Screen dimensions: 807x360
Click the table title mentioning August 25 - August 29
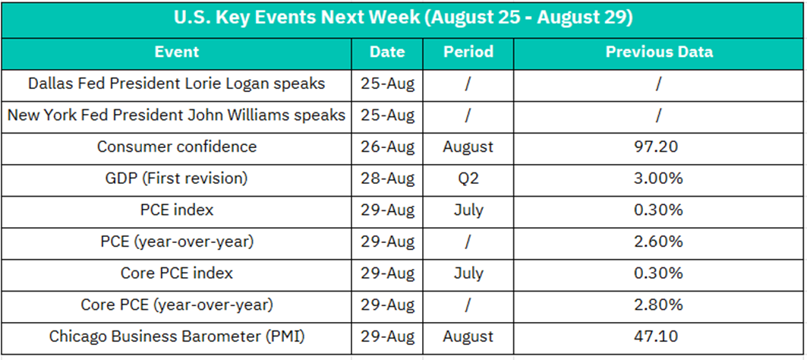403,18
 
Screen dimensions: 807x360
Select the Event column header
177,52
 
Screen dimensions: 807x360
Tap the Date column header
387,52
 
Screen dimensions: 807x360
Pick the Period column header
468,52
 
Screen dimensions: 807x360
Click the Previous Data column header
659,52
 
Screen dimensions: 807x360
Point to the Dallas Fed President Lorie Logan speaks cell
177,84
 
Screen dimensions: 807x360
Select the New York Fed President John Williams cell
177,115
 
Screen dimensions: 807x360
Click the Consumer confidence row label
177,147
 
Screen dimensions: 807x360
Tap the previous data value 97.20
659,147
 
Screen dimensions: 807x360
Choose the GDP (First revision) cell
177,178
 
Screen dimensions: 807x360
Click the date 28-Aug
387,178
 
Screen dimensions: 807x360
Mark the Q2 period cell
468,178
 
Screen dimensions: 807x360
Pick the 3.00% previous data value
659,178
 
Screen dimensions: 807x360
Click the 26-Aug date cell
387,147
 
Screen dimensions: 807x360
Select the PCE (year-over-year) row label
177,242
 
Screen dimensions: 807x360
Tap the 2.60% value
659,242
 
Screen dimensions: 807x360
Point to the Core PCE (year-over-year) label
177,305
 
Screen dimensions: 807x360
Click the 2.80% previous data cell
659,305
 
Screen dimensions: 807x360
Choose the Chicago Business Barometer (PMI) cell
177,336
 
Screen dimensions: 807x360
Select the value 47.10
659,336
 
